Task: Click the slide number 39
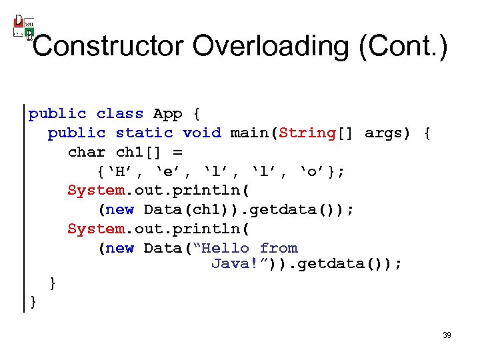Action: coord(447,335)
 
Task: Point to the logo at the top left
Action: coord(23,27)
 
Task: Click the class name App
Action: coord(168,114)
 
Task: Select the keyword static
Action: coord(144,133)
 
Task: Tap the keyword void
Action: coord(202,133)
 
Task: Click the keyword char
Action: coord(87,152)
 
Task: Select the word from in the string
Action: coord(279,248)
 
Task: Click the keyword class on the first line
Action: coord(120,114)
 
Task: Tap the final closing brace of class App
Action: coord(33,302)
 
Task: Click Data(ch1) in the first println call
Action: coord(178,210)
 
